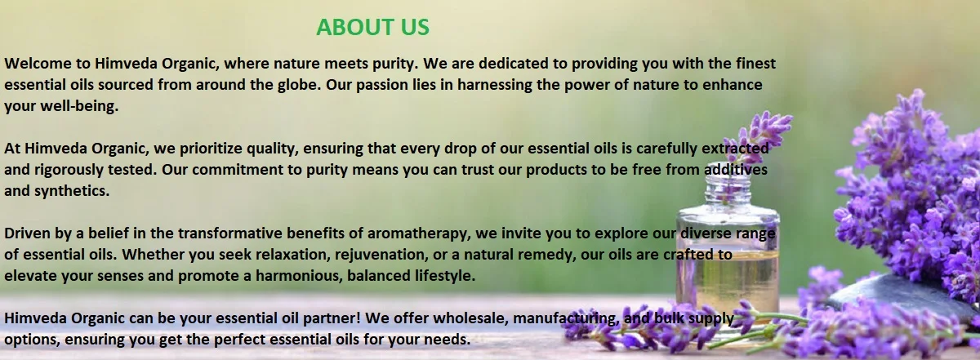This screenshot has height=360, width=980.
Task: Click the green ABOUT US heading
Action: tap(372, 27)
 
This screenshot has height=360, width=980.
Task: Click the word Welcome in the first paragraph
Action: tap(38, 64)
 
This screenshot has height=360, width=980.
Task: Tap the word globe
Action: tap(299, 84)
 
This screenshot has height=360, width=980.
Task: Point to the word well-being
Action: tap(79, 106)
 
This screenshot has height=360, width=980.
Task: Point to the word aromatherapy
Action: tap(419, 233)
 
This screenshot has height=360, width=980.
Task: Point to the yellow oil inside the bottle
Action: tap(728, 276)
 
